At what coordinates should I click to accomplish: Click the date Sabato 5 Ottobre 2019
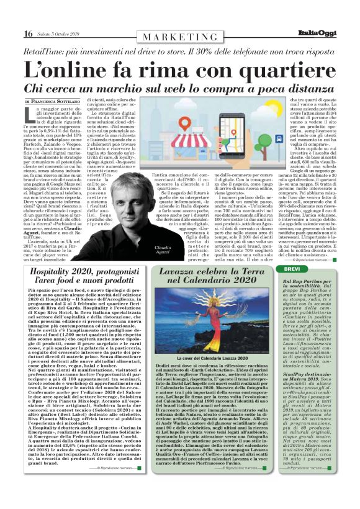coord(59,34)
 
